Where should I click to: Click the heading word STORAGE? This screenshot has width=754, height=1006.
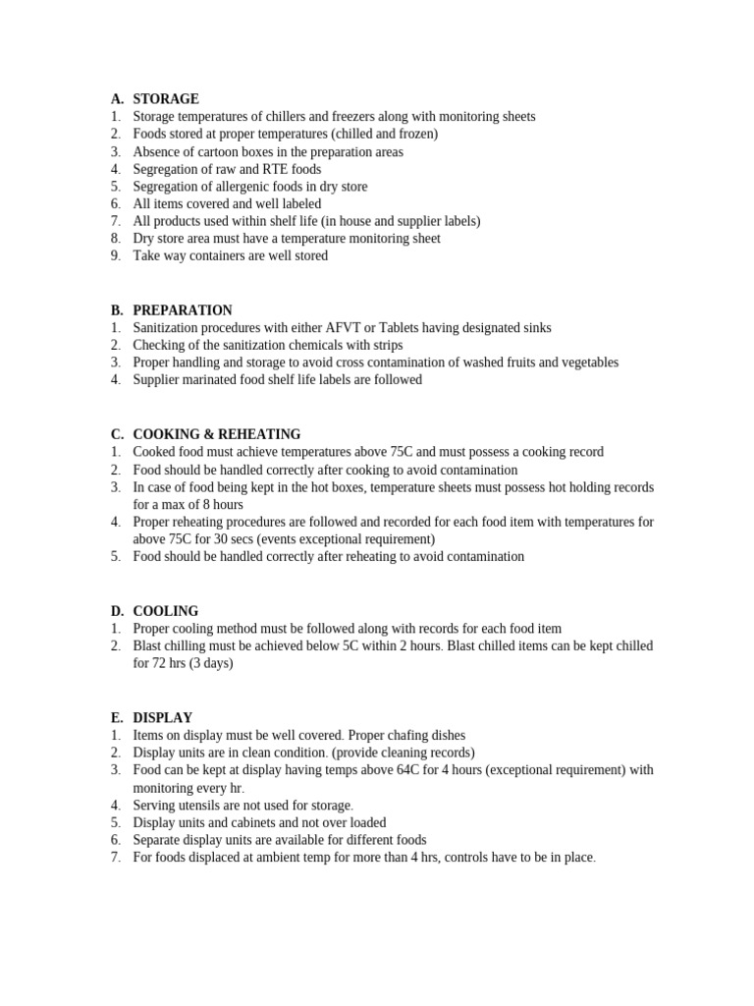point(166,99)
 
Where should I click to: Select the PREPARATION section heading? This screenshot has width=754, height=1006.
point(183,310)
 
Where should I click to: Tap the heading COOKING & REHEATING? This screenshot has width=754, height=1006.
point(217,434)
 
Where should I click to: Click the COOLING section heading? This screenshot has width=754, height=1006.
point(166,611)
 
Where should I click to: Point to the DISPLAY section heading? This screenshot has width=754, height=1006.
point(163,718)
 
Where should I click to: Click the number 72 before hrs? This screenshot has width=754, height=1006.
point(161,663)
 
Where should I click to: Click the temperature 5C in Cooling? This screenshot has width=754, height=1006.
point(346,646)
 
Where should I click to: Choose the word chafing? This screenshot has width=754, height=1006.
point(404,735)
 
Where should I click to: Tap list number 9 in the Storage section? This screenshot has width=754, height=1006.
point(115,256)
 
